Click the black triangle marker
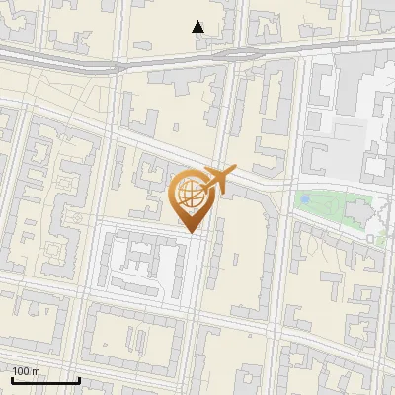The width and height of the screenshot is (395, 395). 198,27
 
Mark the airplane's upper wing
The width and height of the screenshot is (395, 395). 222,171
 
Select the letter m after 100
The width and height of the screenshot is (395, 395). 37,371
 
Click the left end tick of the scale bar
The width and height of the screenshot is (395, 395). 11,379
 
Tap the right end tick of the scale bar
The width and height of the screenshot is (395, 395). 79,379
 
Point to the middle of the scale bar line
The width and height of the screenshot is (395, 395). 44,380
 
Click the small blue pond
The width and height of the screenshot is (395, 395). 305,199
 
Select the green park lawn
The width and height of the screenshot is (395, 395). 326,212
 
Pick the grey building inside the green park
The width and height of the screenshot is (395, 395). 356,211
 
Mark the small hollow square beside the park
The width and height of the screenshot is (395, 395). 372,238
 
